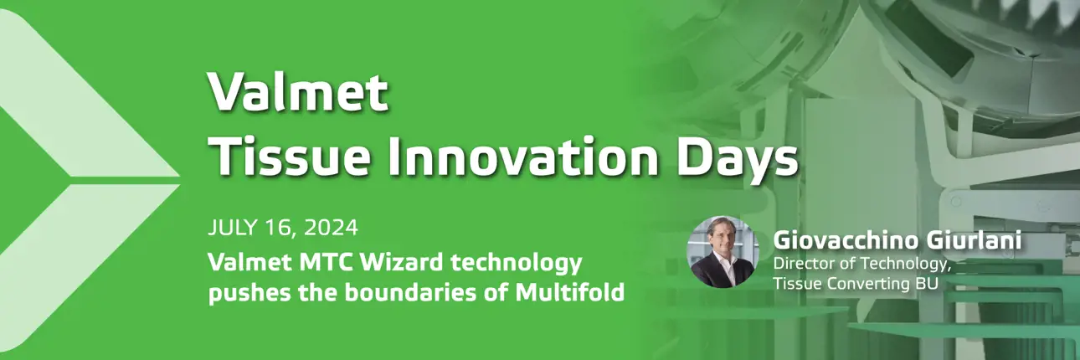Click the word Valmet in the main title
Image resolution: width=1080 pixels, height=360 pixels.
coord(298,91)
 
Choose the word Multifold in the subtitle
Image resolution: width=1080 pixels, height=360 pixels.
coord(570,292)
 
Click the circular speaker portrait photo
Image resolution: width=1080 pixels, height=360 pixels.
coord(723,251)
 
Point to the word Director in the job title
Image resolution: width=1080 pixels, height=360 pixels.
coord(802,264)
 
